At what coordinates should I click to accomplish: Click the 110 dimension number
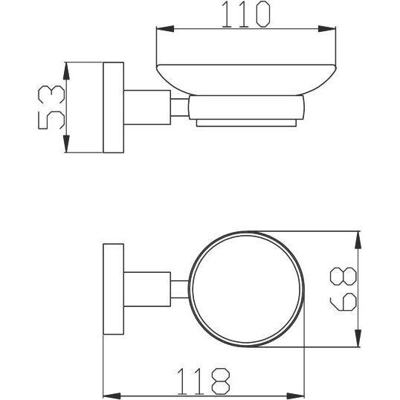click(x=246, y=14)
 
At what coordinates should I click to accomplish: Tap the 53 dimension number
click(x=51, y=107)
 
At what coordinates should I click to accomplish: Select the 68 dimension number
click(x=343, y=288)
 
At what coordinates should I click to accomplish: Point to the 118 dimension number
click(x=203, y=381)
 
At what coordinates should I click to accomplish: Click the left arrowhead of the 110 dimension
click(x=165, y=29)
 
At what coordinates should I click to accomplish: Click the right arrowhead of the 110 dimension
click(x=327, y=29)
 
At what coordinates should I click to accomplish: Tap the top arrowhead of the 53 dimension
click(x=66, y=71)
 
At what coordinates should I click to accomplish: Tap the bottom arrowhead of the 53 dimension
click(x=66, y=144)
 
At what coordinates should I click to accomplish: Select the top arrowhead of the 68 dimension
click(x=358, y=240)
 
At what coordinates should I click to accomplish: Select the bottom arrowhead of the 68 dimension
click(x=358, y=338)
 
